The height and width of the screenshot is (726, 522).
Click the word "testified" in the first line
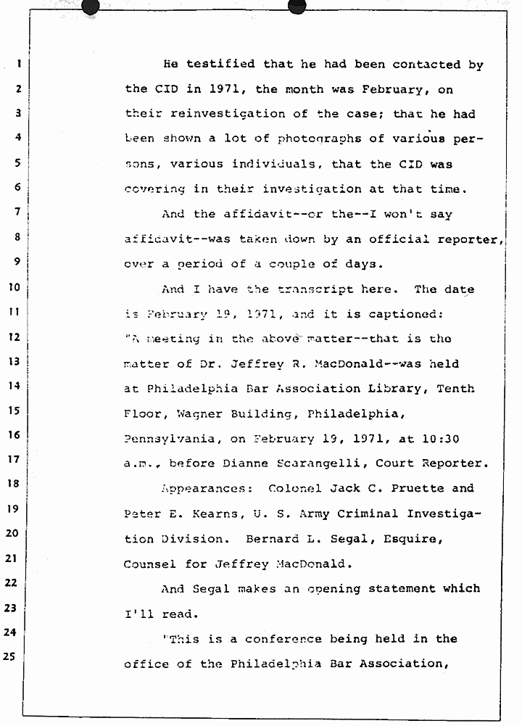[x=221, y=65]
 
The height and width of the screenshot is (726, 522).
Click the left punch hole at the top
[x=91, y=7]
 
